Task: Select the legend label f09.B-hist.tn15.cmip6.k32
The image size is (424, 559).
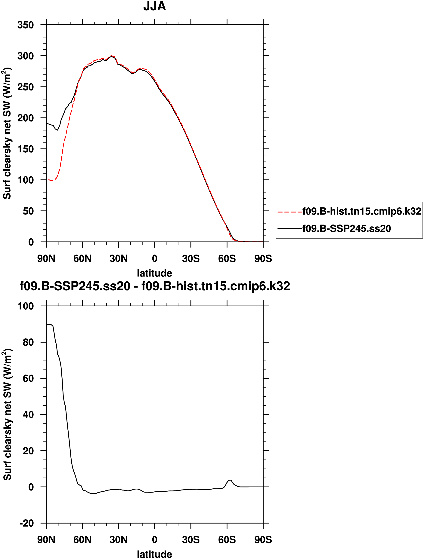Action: click(x=362, y=211)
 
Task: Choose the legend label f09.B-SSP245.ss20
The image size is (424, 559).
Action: click(x=347, y=229)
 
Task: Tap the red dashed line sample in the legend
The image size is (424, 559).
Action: click(x=290, y=212)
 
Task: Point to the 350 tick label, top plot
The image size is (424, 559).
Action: click(x=26, y=25)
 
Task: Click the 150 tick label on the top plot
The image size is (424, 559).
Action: click(x=26, y=149)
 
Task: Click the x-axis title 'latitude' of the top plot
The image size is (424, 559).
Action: click(x=154, y=273)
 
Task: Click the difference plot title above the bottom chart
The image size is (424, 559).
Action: click(x=155, y=286)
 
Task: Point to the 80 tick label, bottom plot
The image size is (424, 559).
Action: click(x=28, y=342)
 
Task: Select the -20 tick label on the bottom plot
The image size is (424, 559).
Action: click(x=26, y=523)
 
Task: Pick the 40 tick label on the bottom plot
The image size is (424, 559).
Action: click(x=28, y=415)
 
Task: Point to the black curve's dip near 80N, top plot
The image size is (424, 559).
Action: click(x=58, y=130)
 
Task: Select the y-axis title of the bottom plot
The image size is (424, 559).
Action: click(x=7, y=414)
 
